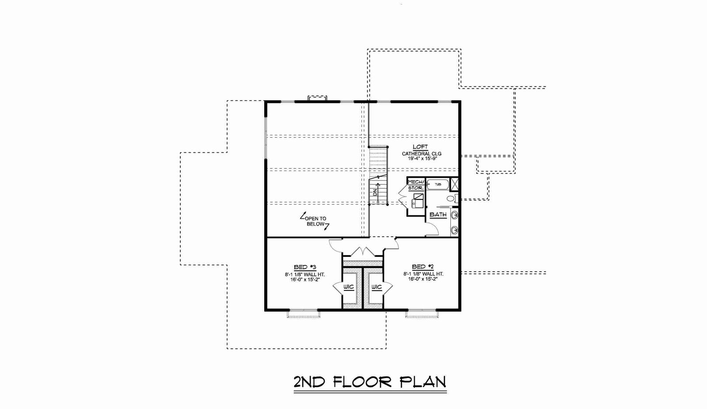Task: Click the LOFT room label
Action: click(420, 147)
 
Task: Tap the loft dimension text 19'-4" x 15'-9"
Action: click(422, 159)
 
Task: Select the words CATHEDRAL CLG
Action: click(422, 154)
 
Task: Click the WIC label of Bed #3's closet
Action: click(349, 287)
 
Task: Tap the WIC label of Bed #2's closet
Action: click(376, 287)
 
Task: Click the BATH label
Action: click(438, 215)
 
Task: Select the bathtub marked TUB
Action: click(438, 184)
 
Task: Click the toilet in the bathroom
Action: click(452, 199)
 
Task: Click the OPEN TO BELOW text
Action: click(315, 221)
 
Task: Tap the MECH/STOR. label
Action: click(416, 185)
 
